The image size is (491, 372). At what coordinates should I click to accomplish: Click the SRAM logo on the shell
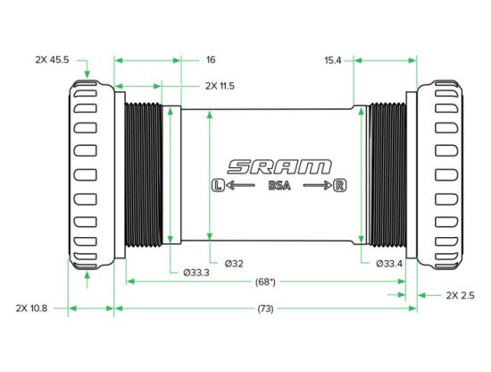point(279,166)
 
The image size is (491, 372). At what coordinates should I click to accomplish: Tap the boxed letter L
point(218,185)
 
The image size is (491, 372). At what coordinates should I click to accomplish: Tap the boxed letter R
point(340,185)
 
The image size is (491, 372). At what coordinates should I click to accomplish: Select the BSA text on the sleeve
point(279,186)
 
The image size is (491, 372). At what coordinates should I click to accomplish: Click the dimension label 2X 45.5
point(52,60)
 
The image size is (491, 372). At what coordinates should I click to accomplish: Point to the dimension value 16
point(211,60)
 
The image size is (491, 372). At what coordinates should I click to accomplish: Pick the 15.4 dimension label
point(333,60)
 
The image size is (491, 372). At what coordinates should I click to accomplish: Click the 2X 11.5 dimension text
point(220,86)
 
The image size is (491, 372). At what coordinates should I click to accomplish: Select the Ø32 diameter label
point(234,264)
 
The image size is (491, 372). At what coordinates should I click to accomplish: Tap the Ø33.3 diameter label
point(196,273)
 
